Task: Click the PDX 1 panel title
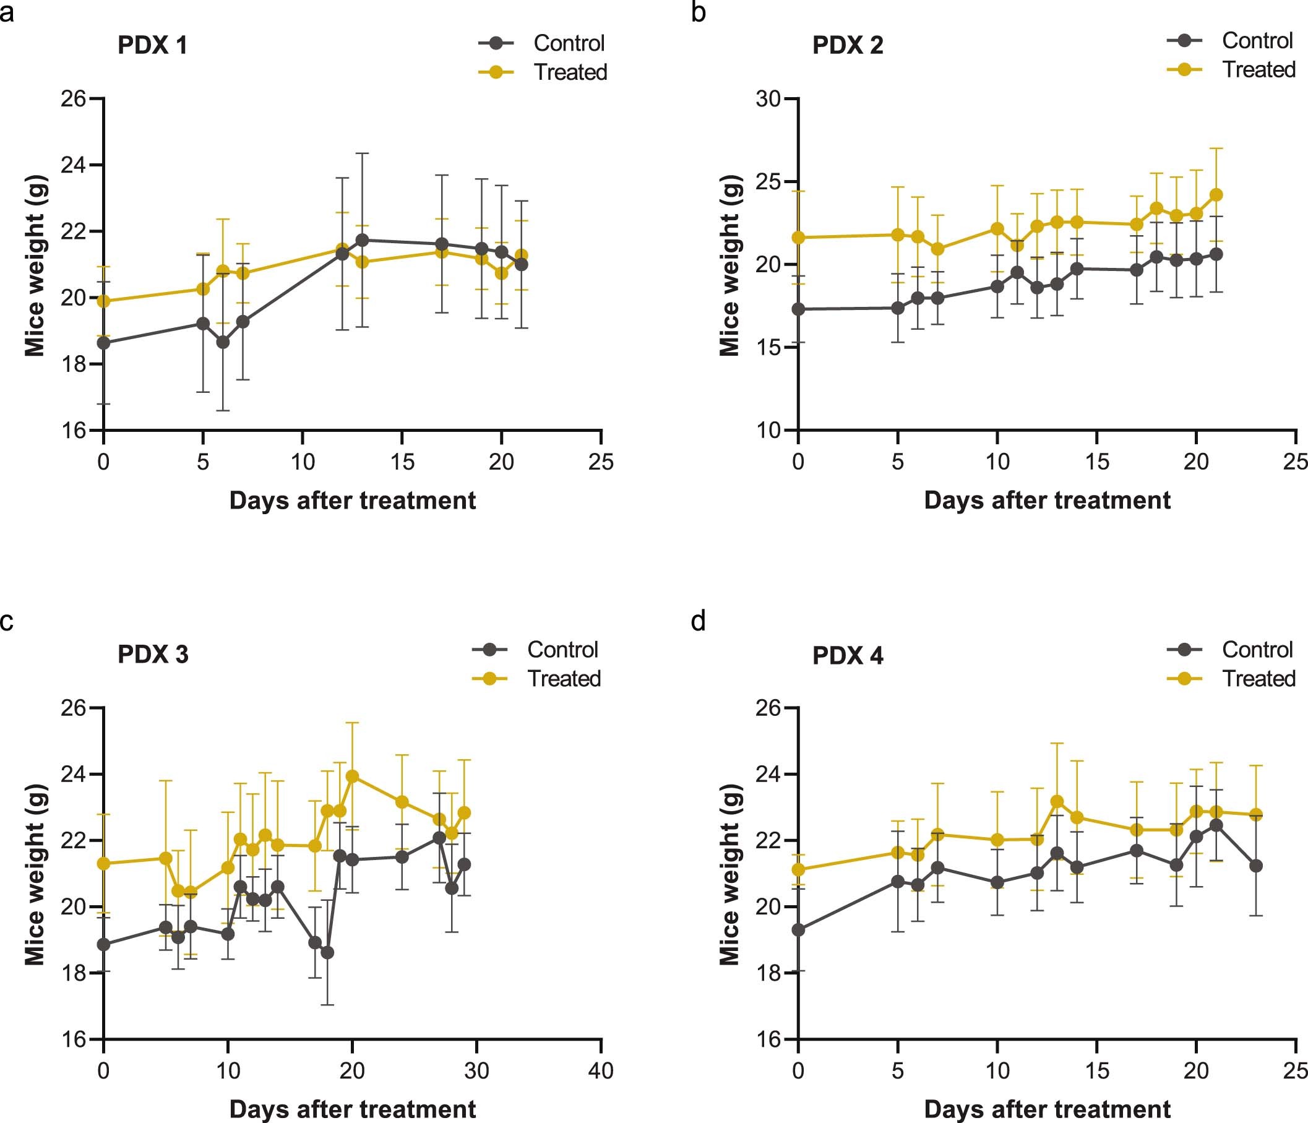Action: [x=152, y=45]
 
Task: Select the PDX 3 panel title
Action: [x=153, y=655]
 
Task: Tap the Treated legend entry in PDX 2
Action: [x=1258, y=69]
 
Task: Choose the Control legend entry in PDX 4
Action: [x=1257, y=650]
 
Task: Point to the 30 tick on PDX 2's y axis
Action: [x=768, y=99]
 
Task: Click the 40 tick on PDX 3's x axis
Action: [x=600, y=1070]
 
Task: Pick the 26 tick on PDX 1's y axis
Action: [x=73, y=99]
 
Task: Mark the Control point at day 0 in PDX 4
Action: [x=799, y=930]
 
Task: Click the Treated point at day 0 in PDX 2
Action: [x=799, y=238]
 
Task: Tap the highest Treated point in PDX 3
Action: [x=352, y=777]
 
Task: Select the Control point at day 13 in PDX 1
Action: [x=363, y=241]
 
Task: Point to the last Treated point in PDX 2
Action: [x=1216, y=195]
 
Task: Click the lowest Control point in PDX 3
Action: [x=327, y=953]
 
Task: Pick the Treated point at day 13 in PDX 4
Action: [x=1057, y=802]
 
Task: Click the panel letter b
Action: [x=698, y=12]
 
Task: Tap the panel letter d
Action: [x=698, y=622]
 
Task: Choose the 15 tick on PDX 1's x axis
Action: [x=402, y=462]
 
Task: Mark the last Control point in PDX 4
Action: [x=1255, y=866]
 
